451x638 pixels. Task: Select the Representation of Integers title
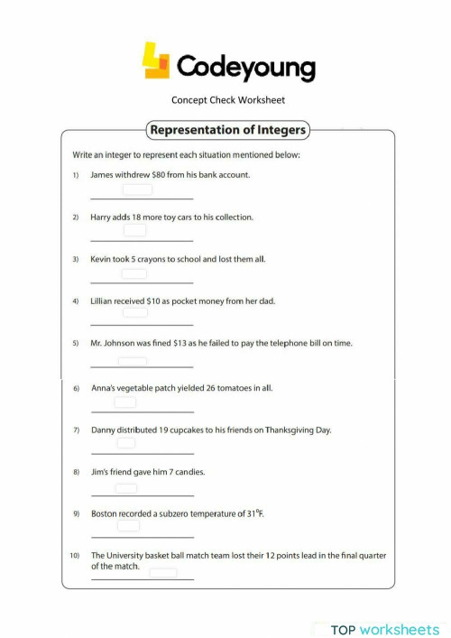227,130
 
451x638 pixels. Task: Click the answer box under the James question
137,190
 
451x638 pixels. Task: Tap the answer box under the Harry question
135,231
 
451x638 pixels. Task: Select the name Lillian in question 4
103,301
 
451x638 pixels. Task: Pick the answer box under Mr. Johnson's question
133,361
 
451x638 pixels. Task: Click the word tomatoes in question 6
230,388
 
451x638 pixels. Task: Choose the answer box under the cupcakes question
126,442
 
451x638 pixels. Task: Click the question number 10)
76,556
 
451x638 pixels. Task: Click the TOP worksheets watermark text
384,629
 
